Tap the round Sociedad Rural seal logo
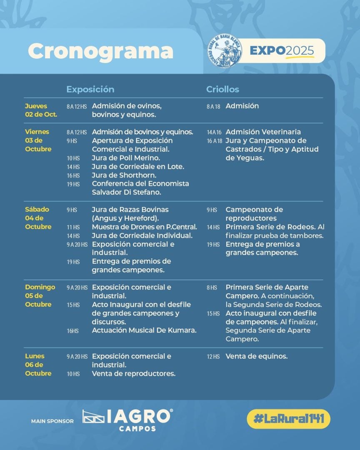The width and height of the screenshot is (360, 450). [x=225, y=51]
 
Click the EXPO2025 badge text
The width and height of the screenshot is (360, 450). [x=282, y=51]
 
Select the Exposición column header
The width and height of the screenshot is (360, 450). [x=90, y=90]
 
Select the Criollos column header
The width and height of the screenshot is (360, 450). [x=222, y=90]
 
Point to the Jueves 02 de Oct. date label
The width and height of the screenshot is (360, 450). [x=41, y=110]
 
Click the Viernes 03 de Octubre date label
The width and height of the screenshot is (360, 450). [x=38, y=140]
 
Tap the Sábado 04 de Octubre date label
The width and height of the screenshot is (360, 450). [x=38, y=218]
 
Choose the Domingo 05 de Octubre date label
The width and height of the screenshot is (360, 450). [x=40, y=296]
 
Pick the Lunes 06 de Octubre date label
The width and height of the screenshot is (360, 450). [x=38, y=365]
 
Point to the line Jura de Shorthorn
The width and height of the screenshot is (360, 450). [x=124, y=175]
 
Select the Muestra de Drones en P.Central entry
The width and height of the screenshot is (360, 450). [x=144, y=227]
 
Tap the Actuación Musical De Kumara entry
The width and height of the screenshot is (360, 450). [x=144, y=330]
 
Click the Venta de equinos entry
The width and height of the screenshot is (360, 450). [x=256, y=356]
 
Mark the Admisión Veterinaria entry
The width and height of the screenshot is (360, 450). [x=263, y=132]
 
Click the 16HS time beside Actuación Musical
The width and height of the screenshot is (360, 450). [x=73, y=331]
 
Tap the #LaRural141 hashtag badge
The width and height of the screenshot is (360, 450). [x=288, y=419]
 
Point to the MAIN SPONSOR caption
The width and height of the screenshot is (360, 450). [x=52, y=421]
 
